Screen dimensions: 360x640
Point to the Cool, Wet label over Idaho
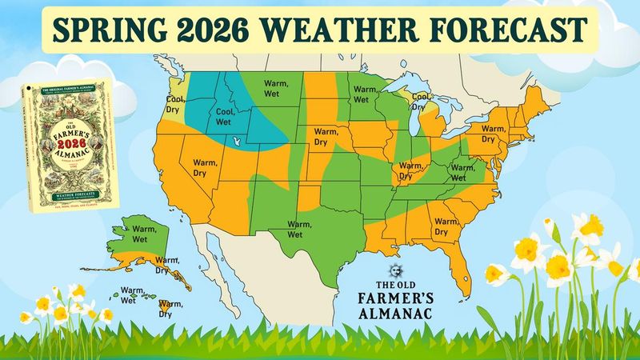pyautogui.click(x=221, y=118)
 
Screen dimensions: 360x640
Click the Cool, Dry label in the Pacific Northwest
pyautogui.click(x=175, y=105)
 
